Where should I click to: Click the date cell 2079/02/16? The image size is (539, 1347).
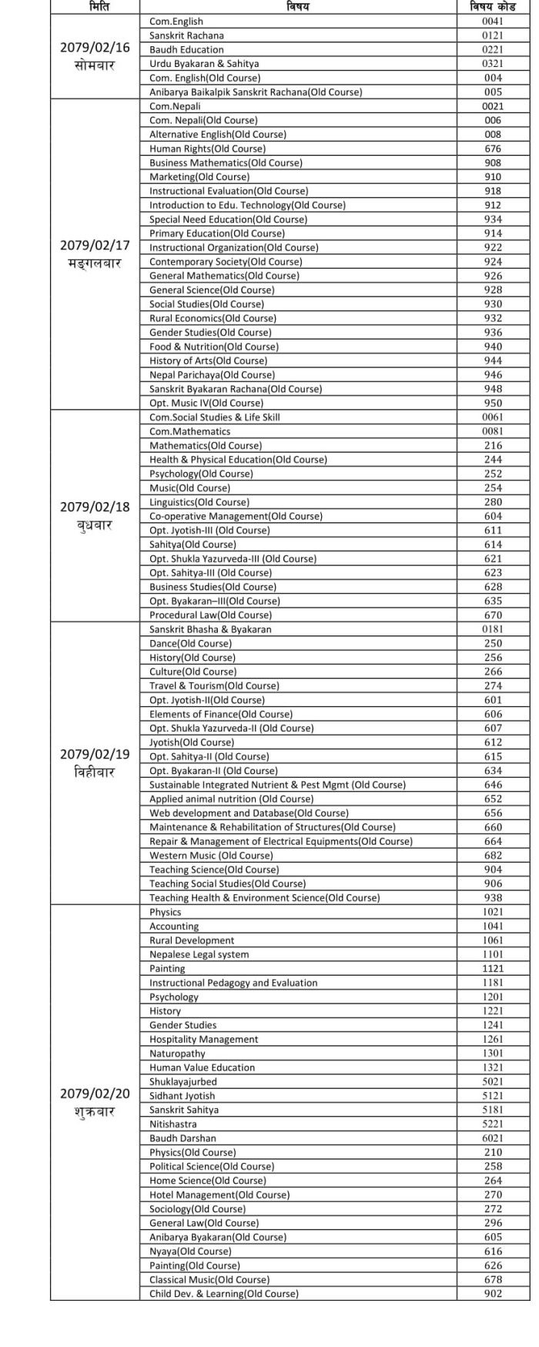tap(95, 48)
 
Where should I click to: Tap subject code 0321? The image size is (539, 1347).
tap(492, 63)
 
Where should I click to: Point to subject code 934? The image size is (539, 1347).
tap(493, 219)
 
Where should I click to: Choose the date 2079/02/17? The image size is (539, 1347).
tap(95, 246)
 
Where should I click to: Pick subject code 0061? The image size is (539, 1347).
tap(492, 417)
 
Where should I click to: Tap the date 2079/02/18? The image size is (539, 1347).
tap(95, 507)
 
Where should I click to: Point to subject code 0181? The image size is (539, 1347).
tap(492, 629)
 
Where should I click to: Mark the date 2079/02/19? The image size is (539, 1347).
tap(95, 754)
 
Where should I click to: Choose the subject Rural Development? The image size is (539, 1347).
tap(192, 940)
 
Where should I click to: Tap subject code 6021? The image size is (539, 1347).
tap(492, 1138)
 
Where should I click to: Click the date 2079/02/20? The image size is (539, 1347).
tap(95, 1094)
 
